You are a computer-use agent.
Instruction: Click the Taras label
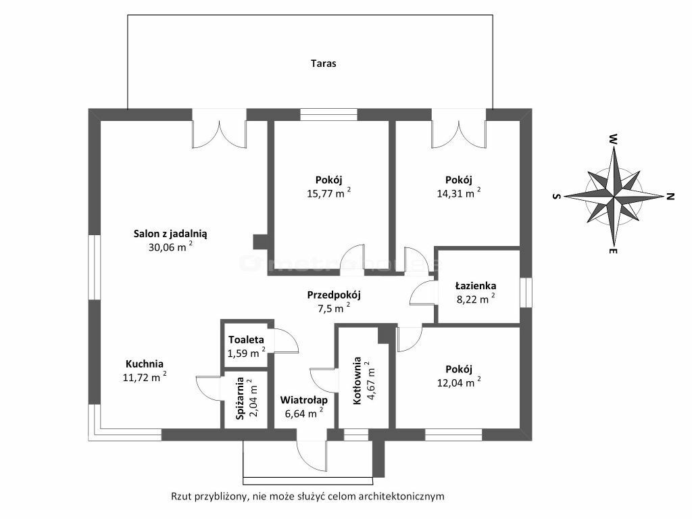pyautogui.click(x=324, y=64)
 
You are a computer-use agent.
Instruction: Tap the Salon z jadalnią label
pyautogui.click(x=170, y=233)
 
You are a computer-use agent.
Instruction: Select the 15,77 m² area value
pyautogui.click(x=328, y=193)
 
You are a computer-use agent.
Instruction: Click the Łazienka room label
pyautogui.click(x=476, y=285)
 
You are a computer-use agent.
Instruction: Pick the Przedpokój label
pyautogui.click(x=335, y=295)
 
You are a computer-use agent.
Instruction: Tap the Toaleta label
pyautogui.click(x=246, y=340)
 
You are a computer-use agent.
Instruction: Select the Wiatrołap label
pyautogui.click(x=304, y=399)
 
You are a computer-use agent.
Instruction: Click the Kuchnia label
pyautogui.click(x=144, y=362)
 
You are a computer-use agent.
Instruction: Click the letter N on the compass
pyautogui.click(x=670, y=197)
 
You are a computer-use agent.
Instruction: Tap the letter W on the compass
pyautogui.click(x=612, y=139)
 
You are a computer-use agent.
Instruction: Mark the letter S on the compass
pyautogui.click(x=556, y=196)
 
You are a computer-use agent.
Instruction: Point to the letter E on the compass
pyautogui.click(x=612, y=252)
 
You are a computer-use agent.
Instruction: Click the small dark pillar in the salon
pyautogui.click(x=259, y=242)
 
